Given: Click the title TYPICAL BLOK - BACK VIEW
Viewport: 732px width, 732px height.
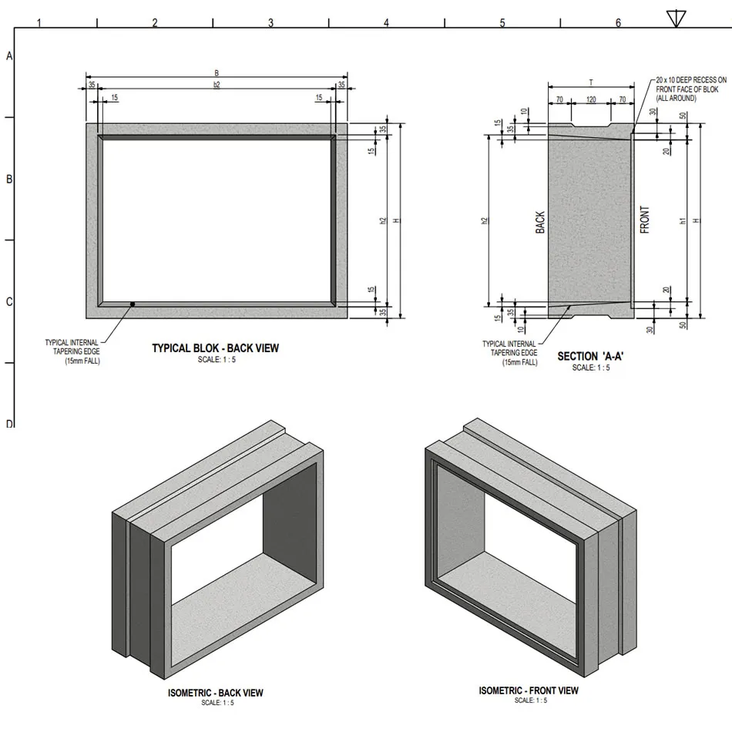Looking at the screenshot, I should click(216, 348).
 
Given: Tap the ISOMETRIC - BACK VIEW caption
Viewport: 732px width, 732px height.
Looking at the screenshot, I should click(216, 693).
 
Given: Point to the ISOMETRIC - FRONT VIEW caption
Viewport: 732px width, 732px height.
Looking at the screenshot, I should click(529, 690).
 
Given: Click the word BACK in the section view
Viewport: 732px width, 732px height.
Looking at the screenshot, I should click(540, 223).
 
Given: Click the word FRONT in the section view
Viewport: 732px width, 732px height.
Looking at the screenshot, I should click(645, 220).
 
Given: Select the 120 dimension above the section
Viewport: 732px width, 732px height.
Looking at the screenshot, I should click(591, 99).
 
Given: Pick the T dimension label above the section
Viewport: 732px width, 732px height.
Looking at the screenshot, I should click(591, 82).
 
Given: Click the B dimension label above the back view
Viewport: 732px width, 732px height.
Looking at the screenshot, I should click(217, 73).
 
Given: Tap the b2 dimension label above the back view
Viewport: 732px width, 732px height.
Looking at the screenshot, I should click(217, 84).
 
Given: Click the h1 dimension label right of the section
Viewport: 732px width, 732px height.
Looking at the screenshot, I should click(683, 220).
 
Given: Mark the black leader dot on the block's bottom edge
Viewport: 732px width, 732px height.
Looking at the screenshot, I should click(133, 304).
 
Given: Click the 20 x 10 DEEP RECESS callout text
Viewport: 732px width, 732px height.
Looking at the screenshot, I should click(690, 89).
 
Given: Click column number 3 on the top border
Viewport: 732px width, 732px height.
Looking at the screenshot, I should click(270, 23).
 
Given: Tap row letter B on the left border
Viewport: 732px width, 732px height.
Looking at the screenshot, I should click(9, 179).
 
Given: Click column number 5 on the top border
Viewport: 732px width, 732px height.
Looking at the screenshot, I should click(502, 23).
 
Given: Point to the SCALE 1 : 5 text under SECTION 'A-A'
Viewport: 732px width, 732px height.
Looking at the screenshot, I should click(591, 368).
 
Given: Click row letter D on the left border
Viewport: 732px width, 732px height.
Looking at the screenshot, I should click(9, 424).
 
